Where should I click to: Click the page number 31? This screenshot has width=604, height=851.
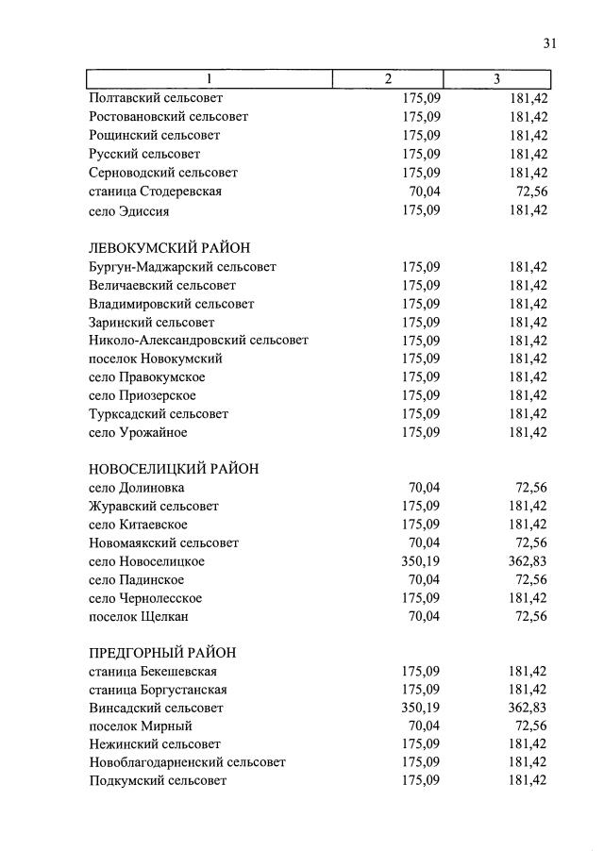550,43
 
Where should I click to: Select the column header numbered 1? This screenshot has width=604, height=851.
210,79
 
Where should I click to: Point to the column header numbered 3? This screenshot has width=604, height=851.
496,79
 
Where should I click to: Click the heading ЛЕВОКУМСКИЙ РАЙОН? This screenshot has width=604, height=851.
169,248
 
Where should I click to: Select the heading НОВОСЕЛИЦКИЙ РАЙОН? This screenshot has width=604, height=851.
174,469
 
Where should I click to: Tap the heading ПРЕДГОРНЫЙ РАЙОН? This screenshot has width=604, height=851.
161,653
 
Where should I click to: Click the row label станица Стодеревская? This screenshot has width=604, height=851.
156,192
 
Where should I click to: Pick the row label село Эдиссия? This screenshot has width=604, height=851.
129,210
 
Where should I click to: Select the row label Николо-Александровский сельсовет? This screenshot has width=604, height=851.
198,340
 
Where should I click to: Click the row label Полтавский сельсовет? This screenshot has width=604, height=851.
156,98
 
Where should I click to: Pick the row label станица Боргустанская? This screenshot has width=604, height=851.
158,690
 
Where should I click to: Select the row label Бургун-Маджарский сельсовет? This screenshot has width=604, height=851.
182,267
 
